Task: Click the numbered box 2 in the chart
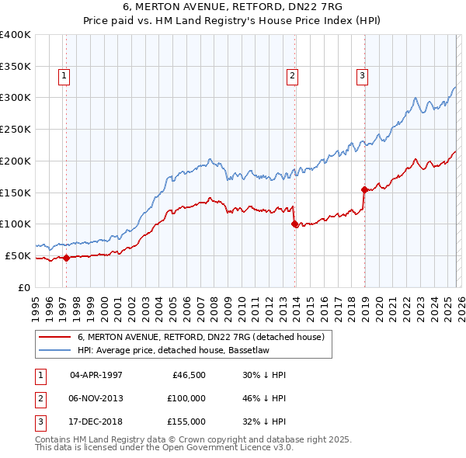point(292,75)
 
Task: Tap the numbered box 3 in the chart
point(362,75)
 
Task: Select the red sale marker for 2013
point(294,224)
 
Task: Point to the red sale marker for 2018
point(364,189)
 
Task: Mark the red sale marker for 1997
point(66,258)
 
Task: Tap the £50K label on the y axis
point(19,255)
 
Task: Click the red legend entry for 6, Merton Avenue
point(205,337)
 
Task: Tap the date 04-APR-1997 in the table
point(96,375)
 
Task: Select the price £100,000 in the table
point(186,398)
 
